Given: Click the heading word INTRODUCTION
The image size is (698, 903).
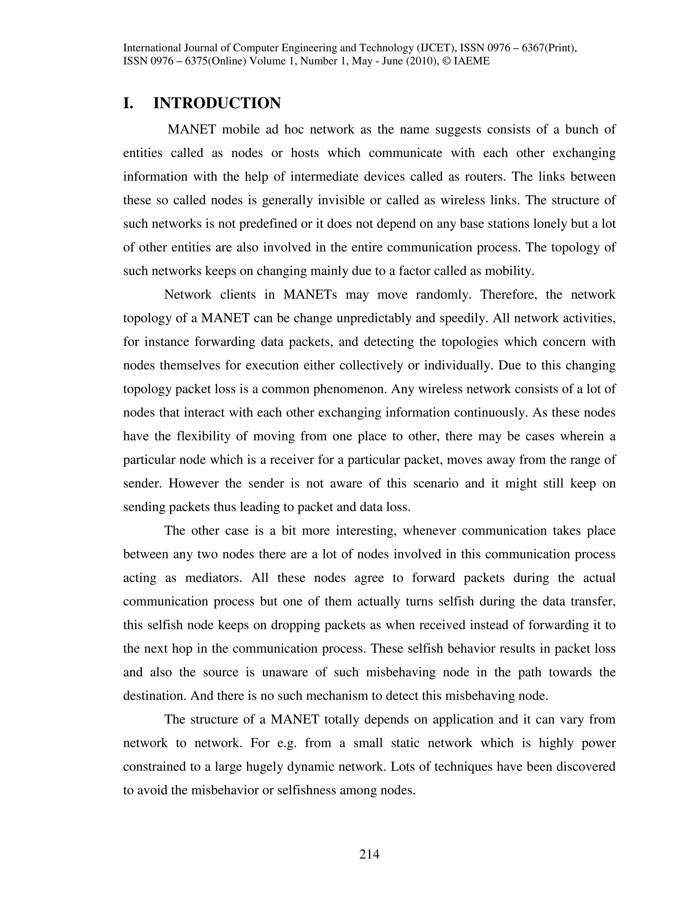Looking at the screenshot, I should pyautogui.click(x=217, y=103).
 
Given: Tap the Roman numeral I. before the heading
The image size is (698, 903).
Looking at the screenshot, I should pyautogui.click(x=128, y=103).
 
